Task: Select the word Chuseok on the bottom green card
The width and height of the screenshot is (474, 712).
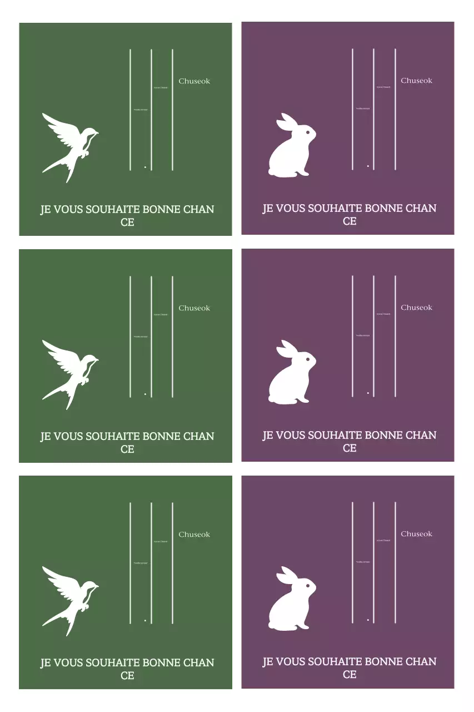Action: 194,535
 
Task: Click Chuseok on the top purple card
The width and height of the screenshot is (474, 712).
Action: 416,81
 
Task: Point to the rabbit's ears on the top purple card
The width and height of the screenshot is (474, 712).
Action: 286,122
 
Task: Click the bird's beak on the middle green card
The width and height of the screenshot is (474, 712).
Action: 98,359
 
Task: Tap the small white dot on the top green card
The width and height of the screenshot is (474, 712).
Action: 145,167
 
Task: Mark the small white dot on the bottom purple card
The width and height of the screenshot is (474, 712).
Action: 368,619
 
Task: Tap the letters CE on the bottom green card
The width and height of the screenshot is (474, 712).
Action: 127,676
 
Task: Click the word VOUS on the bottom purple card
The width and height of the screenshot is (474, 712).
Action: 290,662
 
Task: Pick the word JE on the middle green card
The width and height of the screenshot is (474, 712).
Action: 45,437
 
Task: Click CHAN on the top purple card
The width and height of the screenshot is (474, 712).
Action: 421,209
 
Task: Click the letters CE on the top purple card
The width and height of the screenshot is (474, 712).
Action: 350,221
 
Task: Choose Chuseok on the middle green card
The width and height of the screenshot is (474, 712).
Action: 194,308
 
